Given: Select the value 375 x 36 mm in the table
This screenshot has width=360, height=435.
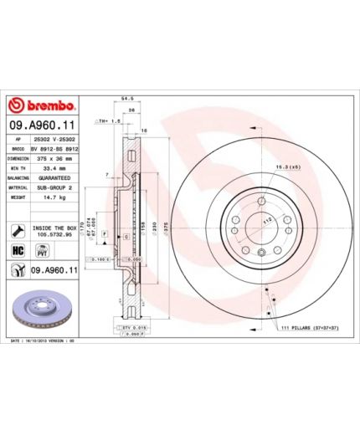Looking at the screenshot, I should (56, 157).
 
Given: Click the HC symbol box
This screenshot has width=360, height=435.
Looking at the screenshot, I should (17, 250).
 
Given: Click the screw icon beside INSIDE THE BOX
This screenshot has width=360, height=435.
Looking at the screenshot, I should (17, 229).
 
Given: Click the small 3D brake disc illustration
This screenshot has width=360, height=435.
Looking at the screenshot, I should (42, 304).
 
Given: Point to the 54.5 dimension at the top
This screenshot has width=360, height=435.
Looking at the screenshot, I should (128, 99).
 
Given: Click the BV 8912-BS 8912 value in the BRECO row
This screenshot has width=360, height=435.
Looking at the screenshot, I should (56, 147).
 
